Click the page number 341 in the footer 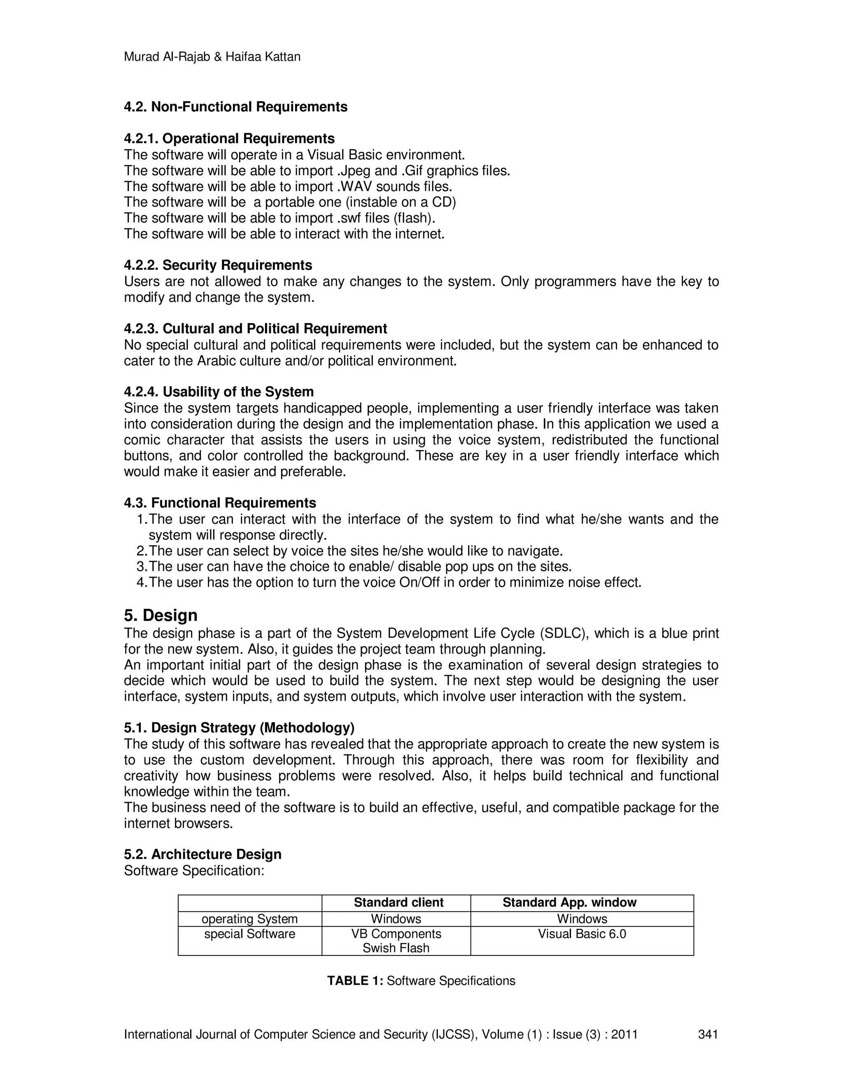[x=708, y=1034]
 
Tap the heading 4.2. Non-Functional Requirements [x=236, y=107]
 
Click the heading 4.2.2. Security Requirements [x=218, y=265]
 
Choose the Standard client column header [x=398, y=902]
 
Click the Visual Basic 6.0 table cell [x=582, y=934]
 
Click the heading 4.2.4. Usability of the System [x=219, y=392]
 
